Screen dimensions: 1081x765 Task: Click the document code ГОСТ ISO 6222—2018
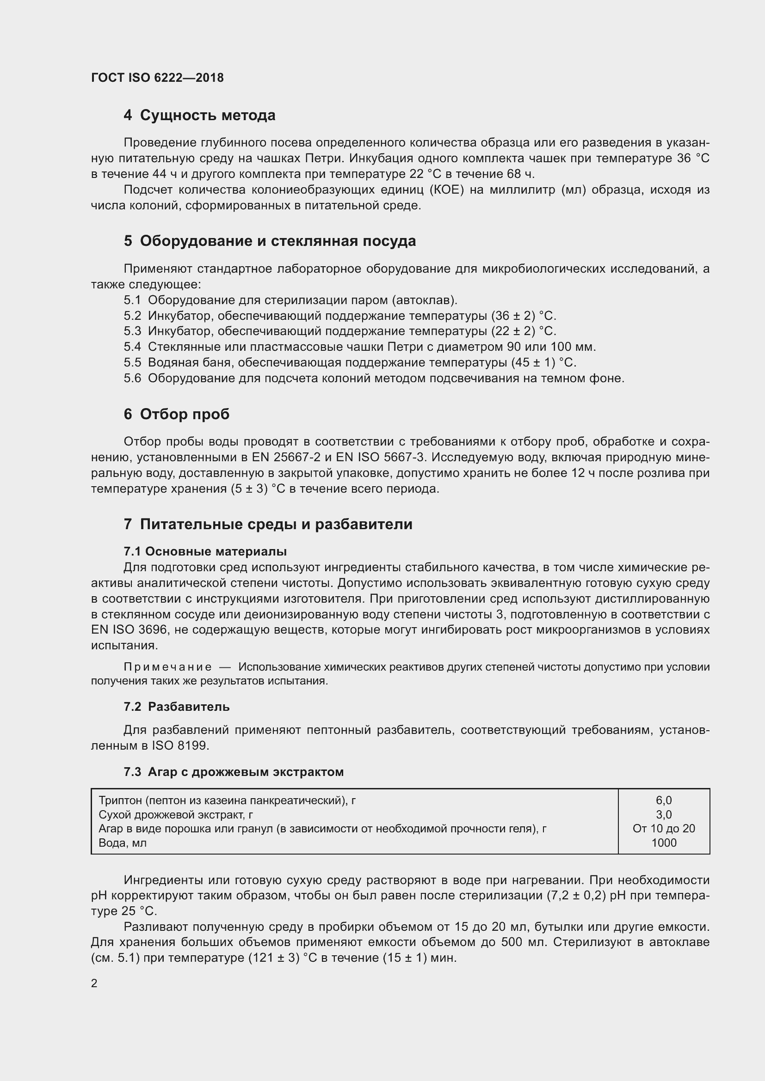coord(157,78)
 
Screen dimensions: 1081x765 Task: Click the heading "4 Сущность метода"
coord(199,116)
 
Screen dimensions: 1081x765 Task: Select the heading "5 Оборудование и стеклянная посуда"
coord(270,241)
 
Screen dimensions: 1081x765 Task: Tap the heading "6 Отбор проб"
coord(177,414)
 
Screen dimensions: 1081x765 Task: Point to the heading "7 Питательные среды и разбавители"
coord(268,525)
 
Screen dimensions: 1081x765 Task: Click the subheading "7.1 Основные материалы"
coord(205,551)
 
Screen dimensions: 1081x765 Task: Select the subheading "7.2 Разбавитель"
coord(177,707)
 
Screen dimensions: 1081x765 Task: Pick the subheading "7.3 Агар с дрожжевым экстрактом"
coord(234,772)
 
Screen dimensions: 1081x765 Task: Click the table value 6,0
coord(664,800)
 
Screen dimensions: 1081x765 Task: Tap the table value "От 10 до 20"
coord(664,829)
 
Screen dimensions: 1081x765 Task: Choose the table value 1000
coord(664,843)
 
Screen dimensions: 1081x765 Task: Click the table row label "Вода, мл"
coord(123,843)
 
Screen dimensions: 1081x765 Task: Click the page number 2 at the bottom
coord(94,983)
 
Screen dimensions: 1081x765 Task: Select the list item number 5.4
coord(132,347)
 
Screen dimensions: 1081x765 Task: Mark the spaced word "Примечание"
coord(168,667)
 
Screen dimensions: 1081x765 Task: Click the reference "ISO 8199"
coord(180,746)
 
